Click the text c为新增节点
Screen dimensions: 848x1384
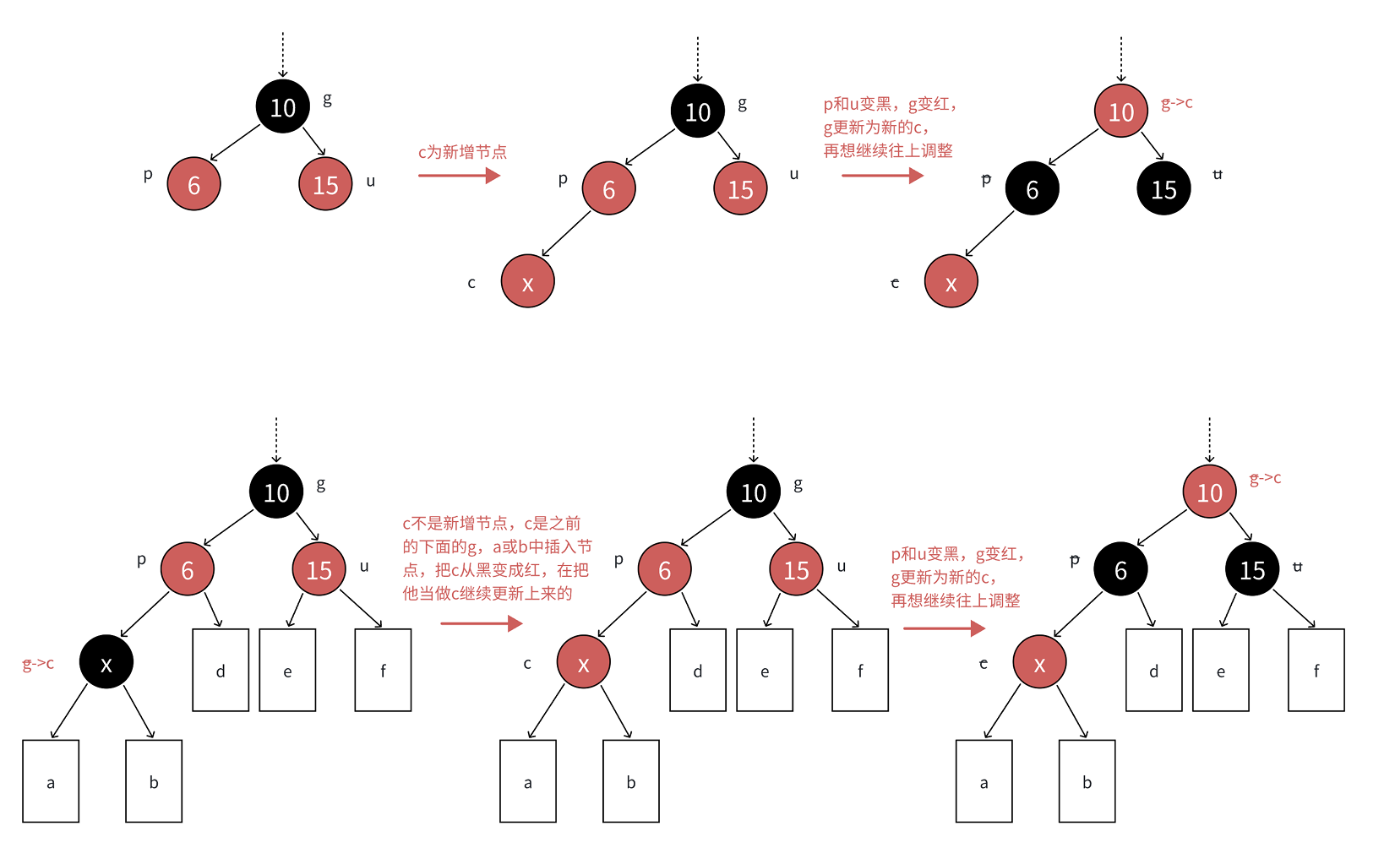[x=462, y=152]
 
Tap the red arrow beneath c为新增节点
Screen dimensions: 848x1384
[x=459, y=176]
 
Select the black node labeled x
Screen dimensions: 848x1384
[x=106, y=662]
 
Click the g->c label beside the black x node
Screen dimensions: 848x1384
[x=38, y=664]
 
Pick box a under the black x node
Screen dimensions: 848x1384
[x=51, y=781]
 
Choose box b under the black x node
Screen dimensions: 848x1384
[x=154, y=781]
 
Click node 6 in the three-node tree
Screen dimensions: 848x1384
[x=193, y=184]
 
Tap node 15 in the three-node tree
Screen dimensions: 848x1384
[x=325, y=184]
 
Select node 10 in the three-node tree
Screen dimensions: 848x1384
[x=282, y=107]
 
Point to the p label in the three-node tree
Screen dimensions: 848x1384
[x=148, y=175]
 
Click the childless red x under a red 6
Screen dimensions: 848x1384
[x=527, y=282]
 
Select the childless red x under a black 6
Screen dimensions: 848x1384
[x=951, y=282]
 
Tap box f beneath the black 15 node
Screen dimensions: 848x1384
[x=1316, y=670]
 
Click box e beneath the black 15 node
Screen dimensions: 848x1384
[x=1220, y=670]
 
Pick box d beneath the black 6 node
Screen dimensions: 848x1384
[x=1153, y=670]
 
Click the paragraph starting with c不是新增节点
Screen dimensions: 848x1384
[x=497, y=558]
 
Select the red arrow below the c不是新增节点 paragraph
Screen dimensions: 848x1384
[x=482, y=624]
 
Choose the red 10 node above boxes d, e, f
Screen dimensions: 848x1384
[x=1209, y=492]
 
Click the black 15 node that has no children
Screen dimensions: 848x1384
[x=1163, y=189]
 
